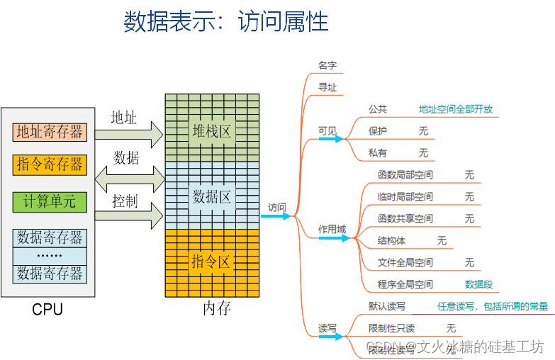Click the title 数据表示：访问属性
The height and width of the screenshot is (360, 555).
(226, 22)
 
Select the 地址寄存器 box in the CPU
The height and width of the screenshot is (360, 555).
(50, 131)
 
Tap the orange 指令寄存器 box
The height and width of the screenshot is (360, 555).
(50, 165)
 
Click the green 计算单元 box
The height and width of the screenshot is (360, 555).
(50, 201)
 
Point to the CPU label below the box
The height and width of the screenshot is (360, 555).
(47, 310)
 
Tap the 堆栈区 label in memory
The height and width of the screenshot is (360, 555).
(212, 131)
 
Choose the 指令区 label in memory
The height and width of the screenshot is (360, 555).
(212, 261)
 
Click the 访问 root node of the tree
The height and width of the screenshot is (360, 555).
(277, 208)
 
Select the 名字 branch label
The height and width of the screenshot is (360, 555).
(327, 65)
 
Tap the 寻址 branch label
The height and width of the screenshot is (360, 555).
(327, 87)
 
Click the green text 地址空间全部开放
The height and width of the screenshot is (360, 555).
(455, 109)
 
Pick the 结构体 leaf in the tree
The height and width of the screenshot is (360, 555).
(391, 240)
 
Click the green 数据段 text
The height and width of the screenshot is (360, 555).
(478, 284)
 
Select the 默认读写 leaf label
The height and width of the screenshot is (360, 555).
(386, 306)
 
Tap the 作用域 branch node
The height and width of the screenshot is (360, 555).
(332, 229)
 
